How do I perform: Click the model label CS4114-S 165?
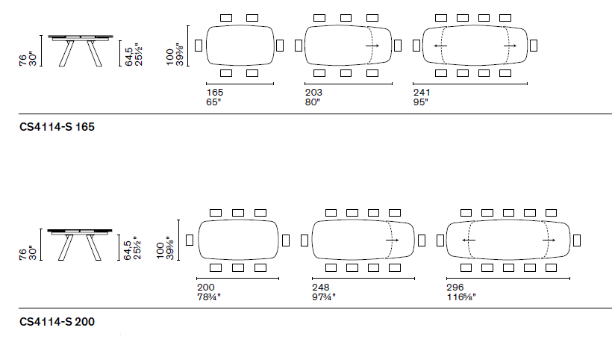56,127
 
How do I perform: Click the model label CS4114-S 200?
56,322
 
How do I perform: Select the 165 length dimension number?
215,92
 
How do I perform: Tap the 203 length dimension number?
313,92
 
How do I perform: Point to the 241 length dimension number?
422,92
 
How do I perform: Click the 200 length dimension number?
205,287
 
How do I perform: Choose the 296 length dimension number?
455,287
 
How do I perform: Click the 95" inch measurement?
421,102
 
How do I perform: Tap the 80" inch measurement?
313,102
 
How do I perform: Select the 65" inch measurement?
214,102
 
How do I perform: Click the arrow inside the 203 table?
372,46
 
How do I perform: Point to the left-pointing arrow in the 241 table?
440,46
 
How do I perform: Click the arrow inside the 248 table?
393,240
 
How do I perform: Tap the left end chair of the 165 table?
198,45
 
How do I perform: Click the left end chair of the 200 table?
189,240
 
